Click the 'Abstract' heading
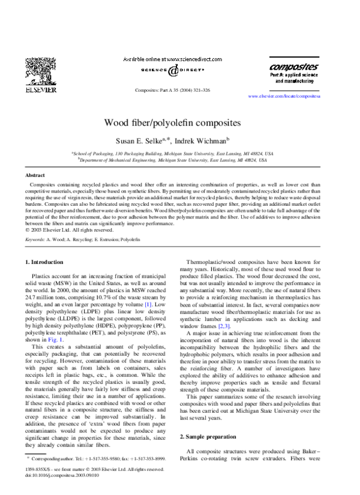pyautogui.click(x=35, y=175)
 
